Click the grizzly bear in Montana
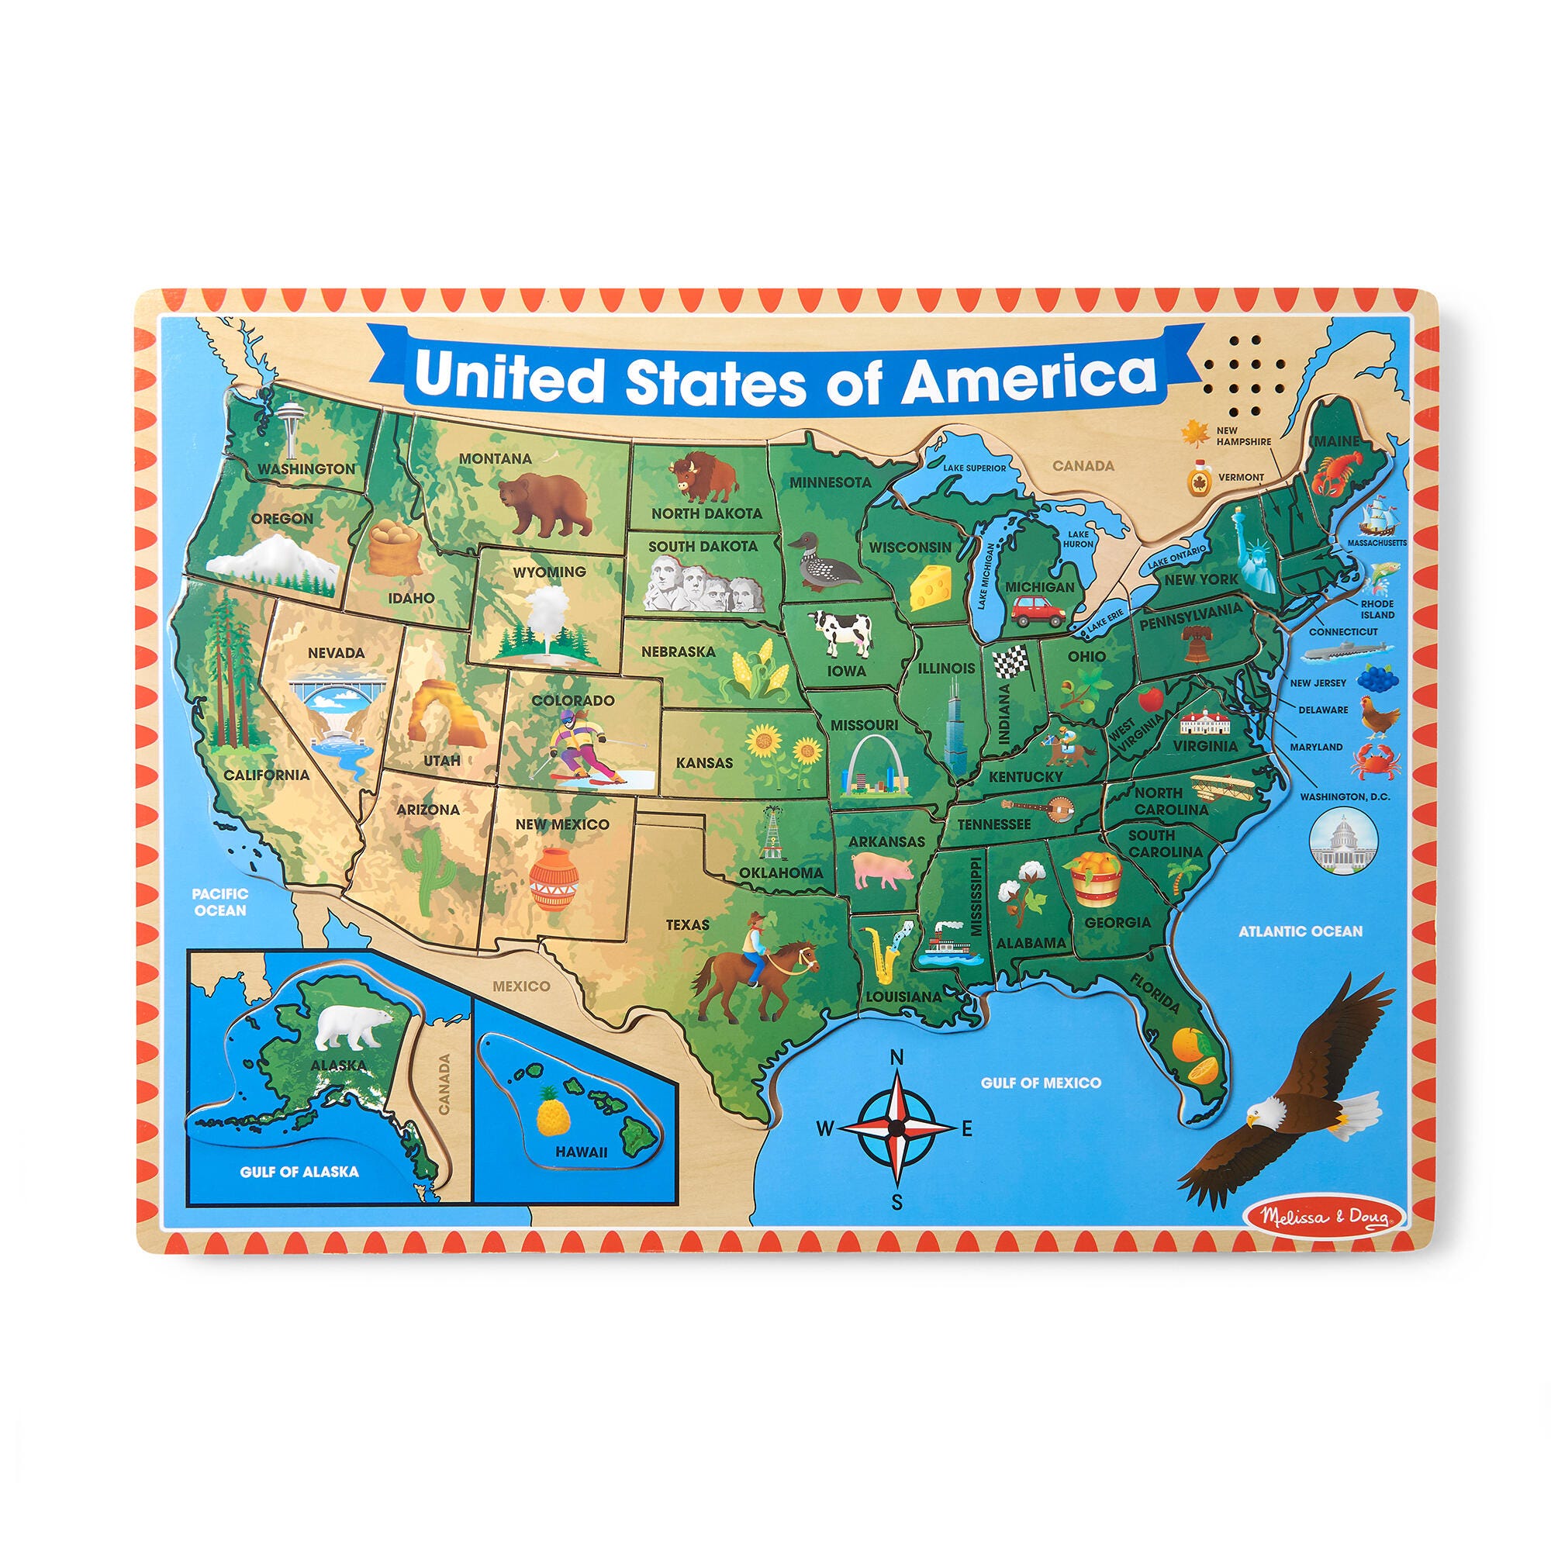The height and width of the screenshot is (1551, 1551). (544, 503)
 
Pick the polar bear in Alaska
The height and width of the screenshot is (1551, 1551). (351, 1028)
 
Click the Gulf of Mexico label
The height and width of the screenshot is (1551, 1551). (1041, 1083)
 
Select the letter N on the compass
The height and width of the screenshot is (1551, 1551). (898, 1057)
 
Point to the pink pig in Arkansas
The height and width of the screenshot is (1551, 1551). (883, 870)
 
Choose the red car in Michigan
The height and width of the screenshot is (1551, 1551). (1038, 613)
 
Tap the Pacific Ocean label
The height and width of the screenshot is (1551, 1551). (220, 902)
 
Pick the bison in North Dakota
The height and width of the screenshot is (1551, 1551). (703, 476)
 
